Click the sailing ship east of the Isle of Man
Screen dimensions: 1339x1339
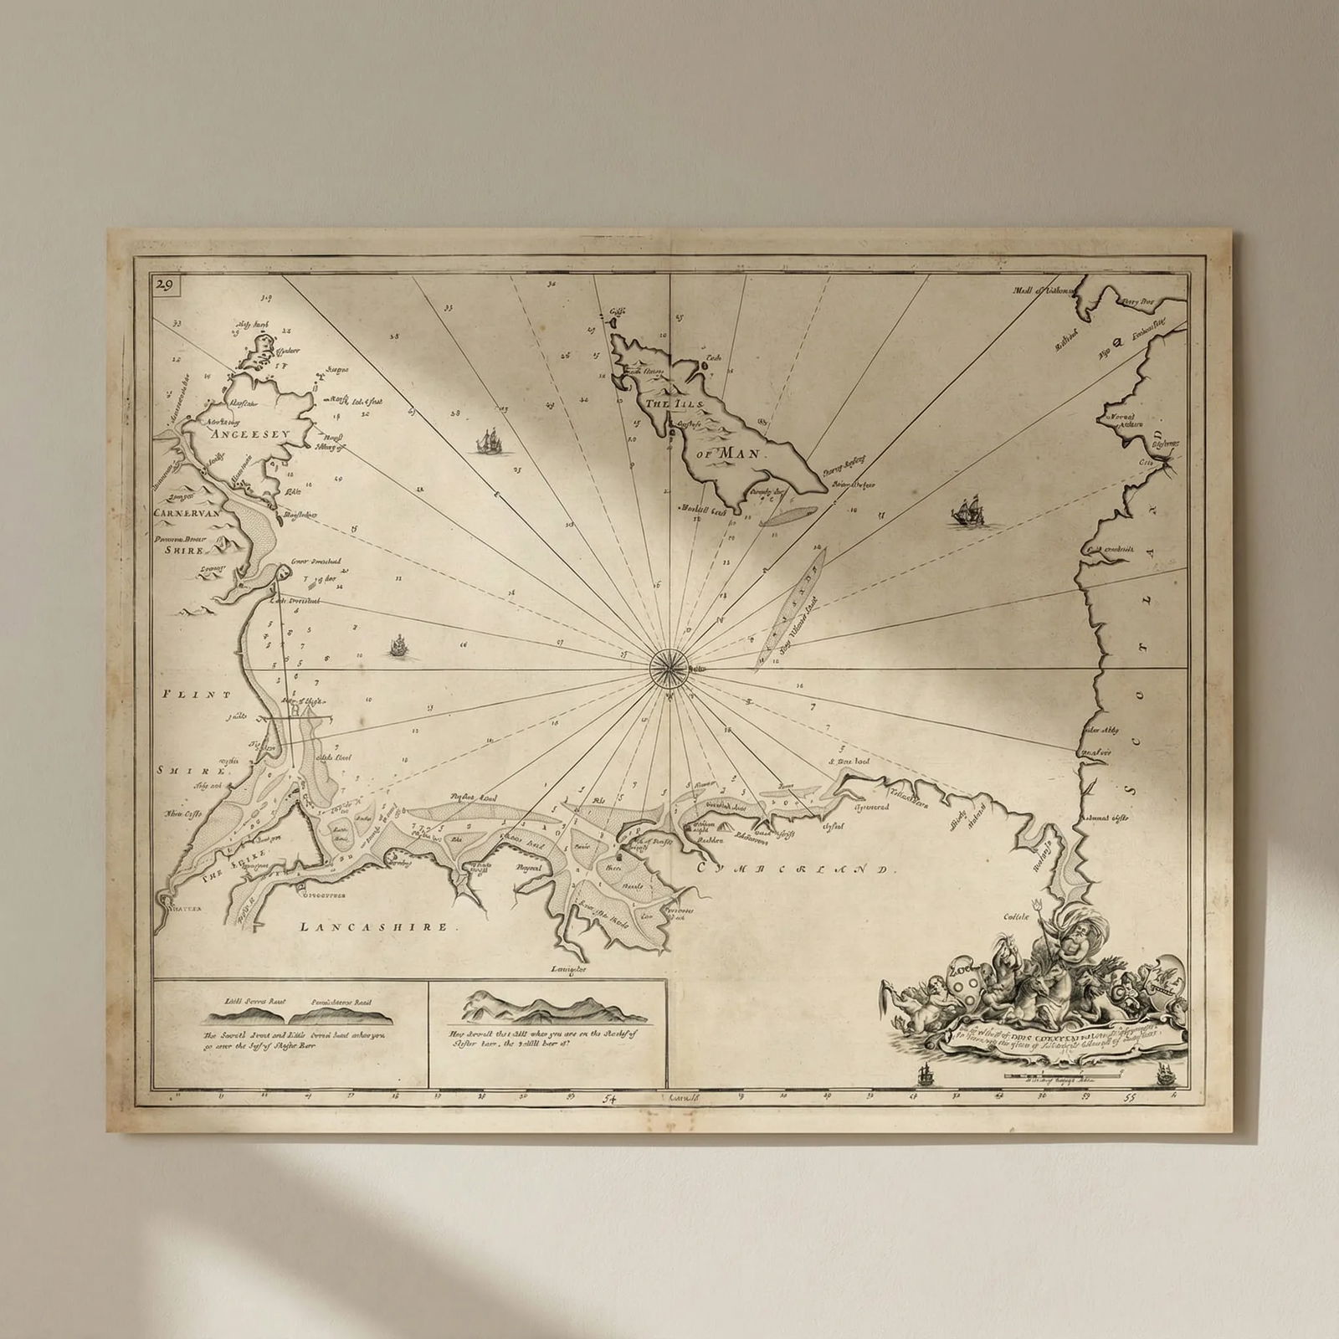click(x=967, y=511)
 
